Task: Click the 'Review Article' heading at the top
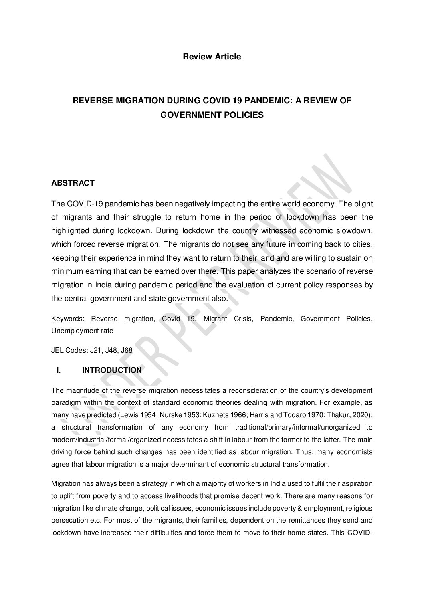tap(212, 57)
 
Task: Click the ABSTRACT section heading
tap(73, 183)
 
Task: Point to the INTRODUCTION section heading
tap(112, 370)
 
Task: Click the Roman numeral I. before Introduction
tap(59, 370)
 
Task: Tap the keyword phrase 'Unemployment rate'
tap(82, 331)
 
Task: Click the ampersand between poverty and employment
tap(284, 509)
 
